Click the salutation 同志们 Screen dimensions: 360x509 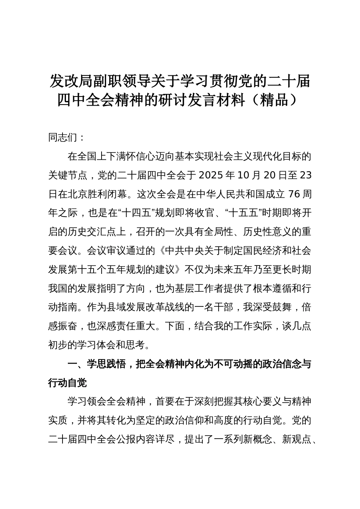63,137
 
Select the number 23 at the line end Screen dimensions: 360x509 305,175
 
